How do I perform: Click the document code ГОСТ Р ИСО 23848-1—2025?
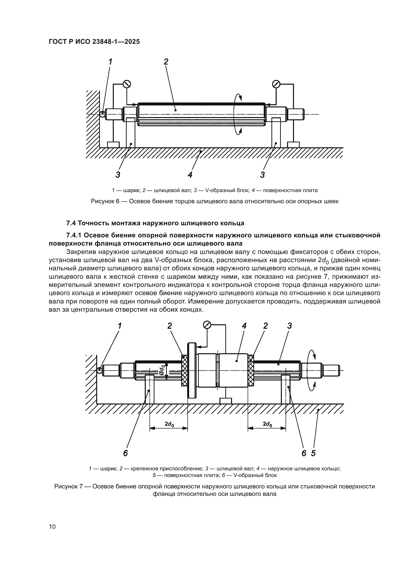(94, 42)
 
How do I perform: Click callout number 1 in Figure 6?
(110, 62)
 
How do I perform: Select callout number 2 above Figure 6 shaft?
(166, 62)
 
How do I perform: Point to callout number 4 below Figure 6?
(190, 175)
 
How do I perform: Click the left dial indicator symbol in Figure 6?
(127, 84)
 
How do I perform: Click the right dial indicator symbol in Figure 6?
(276, 84)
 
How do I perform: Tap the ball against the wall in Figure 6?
(102, 114)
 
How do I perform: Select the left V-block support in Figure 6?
(131, 132)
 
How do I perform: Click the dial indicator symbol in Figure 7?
(207, 325)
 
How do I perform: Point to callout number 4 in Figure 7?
(244, 326)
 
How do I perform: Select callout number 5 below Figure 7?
(313, 453)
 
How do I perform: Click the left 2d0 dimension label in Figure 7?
(169, 425)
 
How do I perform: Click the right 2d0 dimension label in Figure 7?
(267, 425)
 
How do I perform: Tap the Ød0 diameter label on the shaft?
(162, 370)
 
